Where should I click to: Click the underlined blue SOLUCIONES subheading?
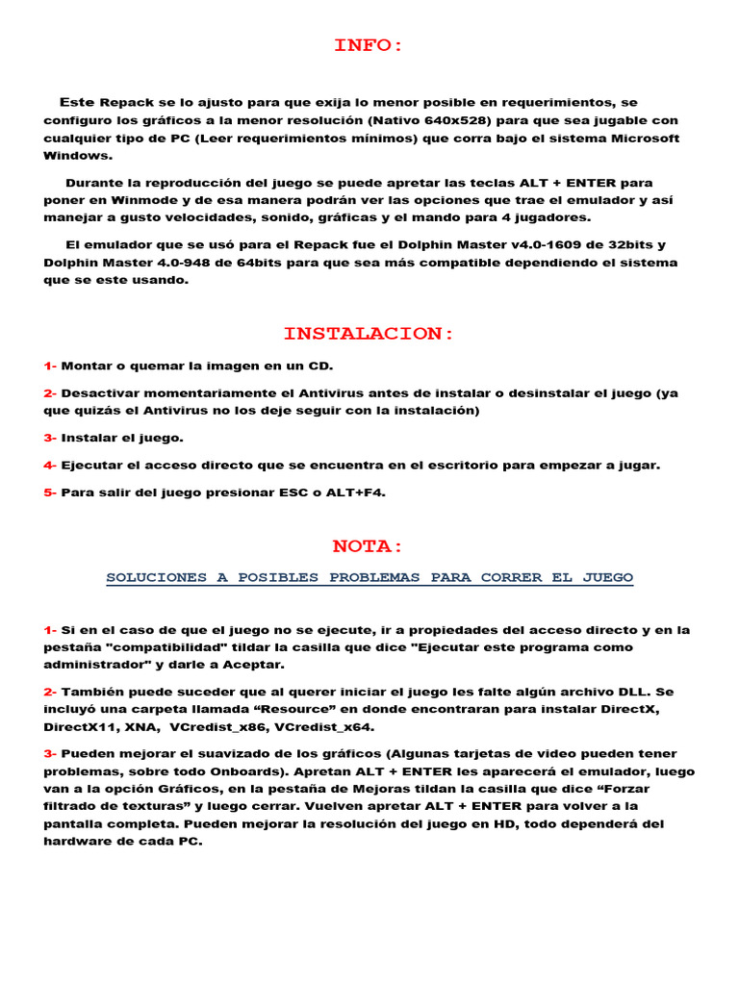pos(369,578)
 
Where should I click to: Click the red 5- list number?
pos(50,492)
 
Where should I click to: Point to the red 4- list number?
pos(50,466)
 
